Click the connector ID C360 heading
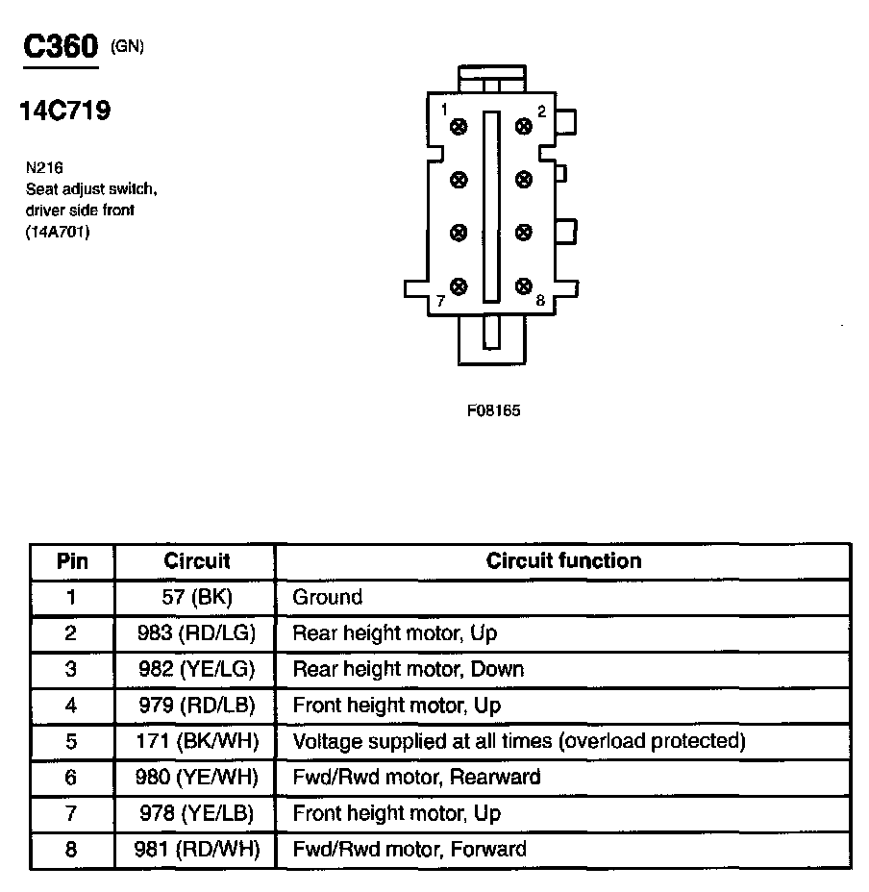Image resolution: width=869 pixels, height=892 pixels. [60, 48]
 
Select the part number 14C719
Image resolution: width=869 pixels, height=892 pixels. [65, 111]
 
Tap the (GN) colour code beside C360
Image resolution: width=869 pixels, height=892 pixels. [128, 45]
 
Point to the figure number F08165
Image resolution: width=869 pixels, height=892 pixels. [493, 410]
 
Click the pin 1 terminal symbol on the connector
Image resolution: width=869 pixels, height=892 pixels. [459, 126]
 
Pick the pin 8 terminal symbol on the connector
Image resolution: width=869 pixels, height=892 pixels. [524, 285]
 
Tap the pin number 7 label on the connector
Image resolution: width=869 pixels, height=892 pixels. [440, 301]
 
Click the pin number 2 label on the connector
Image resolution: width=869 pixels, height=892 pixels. [541, 111]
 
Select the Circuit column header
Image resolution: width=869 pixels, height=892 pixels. [197, 560]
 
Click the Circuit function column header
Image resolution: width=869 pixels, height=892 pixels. [563, 560]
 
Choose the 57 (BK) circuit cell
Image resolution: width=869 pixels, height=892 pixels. [197, 597]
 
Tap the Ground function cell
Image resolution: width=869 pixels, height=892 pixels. [328, 597]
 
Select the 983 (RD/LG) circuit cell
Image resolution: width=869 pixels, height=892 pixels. [197, 633]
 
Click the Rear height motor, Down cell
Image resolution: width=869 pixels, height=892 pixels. [409, 669]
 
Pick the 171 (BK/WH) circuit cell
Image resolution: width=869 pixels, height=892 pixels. [197, 741]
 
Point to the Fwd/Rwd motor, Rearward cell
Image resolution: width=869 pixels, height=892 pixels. [416, 777]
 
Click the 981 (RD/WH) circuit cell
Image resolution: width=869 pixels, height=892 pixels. [197, 849]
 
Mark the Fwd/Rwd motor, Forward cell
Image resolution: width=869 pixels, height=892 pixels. [410, 849]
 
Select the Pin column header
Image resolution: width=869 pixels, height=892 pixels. [72, 560]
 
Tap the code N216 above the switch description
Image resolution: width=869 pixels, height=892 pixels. [44, 166]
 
